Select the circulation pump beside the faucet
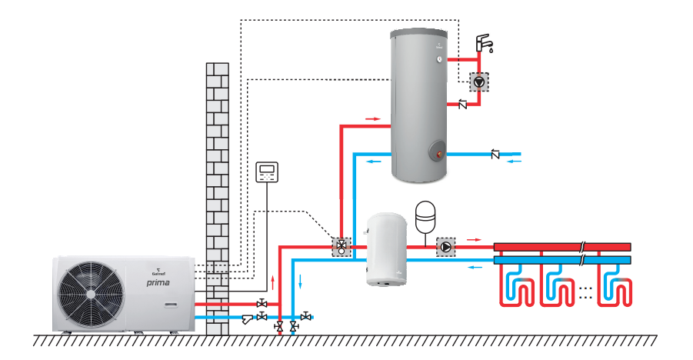coord(478,80)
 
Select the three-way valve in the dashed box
coord(339,247)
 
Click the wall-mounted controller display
coord(267,171)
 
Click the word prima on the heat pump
coord(158,283)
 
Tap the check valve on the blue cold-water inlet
coord(495,155)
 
